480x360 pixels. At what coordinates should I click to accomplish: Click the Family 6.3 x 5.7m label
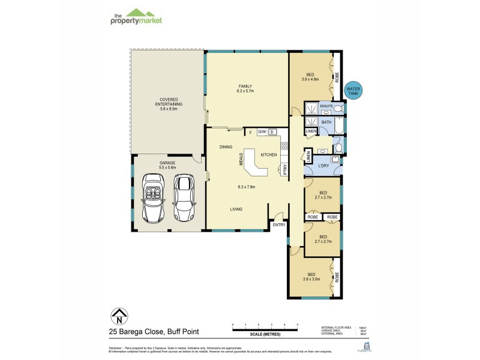(245, 88)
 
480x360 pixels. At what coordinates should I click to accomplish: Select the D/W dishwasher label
(262, 132)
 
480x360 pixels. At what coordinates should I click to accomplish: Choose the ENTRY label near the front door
(278, 224)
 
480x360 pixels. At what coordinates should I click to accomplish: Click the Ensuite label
(326, 106)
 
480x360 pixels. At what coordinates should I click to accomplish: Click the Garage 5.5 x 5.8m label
(167, 164)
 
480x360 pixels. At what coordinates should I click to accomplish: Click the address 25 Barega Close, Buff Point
(154, 331)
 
